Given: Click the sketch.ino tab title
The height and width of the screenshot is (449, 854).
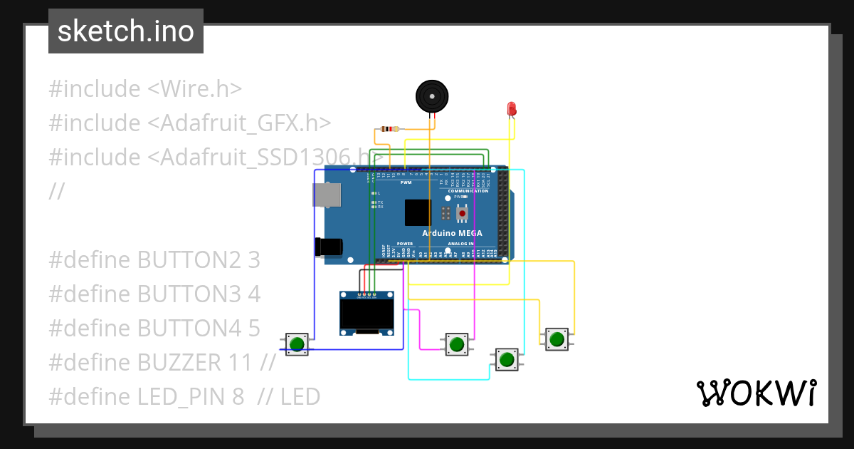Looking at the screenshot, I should point(125,31).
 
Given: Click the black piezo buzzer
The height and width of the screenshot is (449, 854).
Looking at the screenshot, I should point(431,96).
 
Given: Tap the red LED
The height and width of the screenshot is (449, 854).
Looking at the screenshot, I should point(511,109).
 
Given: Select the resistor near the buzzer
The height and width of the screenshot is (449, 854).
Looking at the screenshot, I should point(389,129).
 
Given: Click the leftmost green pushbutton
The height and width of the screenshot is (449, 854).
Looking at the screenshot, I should point(297,344).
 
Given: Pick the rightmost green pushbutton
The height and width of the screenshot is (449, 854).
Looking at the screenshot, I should point(557,339).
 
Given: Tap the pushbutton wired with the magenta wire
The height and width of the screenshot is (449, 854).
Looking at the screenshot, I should point(456,344).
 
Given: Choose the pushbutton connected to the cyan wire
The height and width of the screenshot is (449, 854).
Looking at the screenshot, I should point(506,359).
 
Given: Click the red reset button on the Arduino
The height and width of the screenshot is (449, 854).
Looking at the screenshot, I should point(462,213).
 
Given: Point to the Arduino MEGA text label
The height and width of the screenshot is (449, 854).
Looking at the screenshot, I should point(452,233).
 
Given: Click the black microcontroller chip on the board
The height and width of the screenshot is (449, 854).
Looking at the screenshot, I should point(418,212).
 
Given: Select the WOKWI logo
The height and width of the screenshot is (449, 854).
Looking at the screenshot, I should point(756,393).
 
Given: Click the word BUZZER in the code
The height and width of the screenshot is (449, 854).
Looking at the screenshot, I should point(179,362).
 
